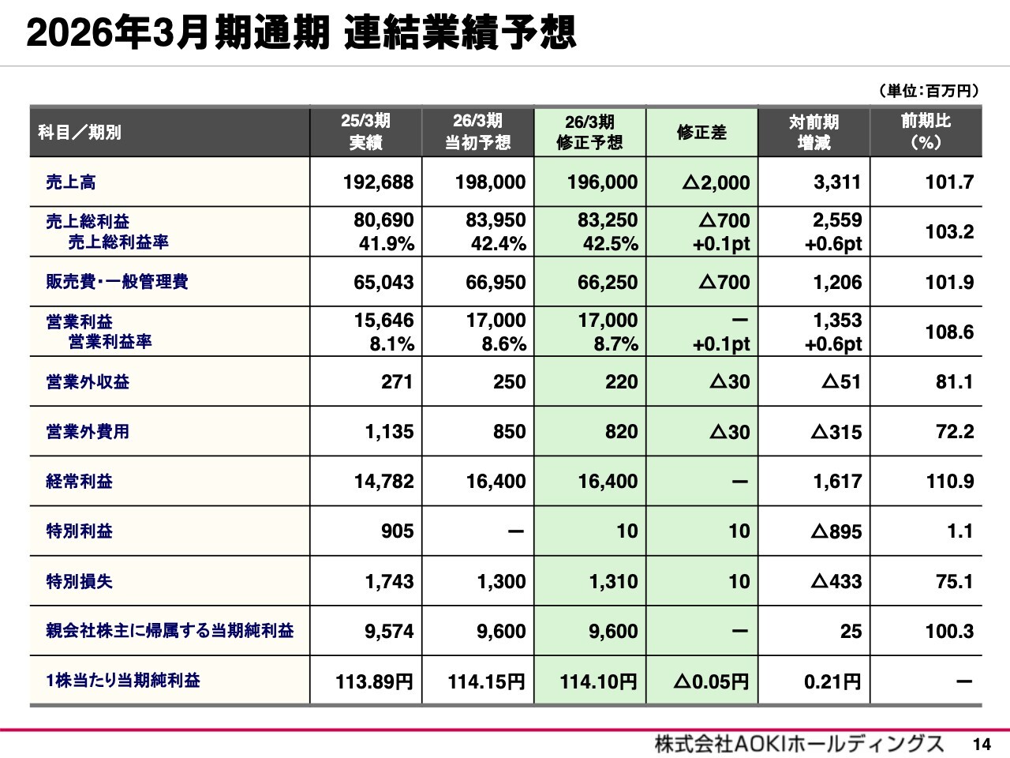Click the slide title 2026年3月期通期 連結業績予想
click(301, 33)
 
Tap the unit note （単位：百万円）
click(928, 91)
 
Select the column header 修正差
click(701, 132)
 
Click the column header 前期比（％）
click(926, 132)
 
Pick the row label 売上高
click(71, 182)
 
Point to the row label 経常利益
click(79, 481)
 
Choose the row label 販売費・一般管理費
click(117, 282)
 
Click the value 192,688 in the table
click(378, 182)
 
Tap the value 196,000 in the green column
click(602, 182)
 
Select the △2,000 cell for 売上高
click(716, 182)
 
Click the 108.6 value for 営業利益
click(949, 332)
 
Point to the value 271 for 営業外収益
click(397, 382)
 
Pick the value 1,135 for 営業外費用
click(389, 432)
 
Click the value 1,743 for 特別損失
click(389, 581)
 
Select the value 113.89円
click(374, 681)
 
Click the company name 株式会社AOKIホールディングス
click(799, 743)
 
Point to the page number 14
click(982, 744)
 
